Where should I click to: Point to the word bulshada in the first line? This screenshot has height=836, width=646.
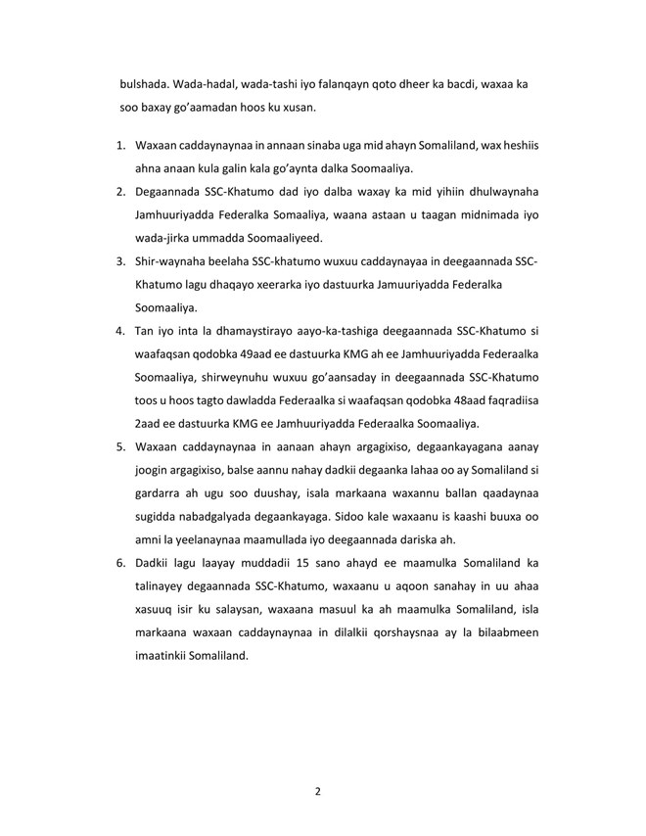click(142, 85)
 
